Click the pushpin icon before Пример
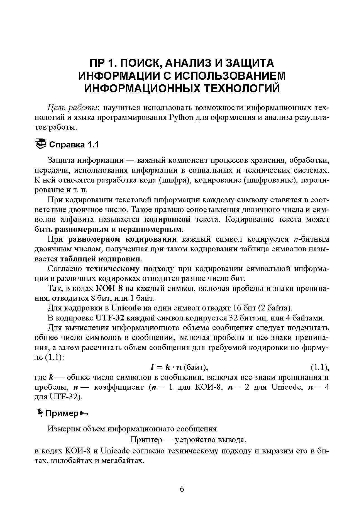(x=40, y=413)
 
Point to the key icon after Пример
(x=84, y=413)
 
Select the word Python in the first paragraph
(x=181, y=117)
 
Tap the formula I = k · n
(x=166, y=367)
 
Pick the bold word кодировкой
(x=167, y=219)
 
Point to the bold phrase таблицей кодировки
(x=100, y=259)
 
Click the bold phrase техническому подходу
(x=130, y=269)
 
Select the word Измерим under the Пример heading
(x=63, y=428)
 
